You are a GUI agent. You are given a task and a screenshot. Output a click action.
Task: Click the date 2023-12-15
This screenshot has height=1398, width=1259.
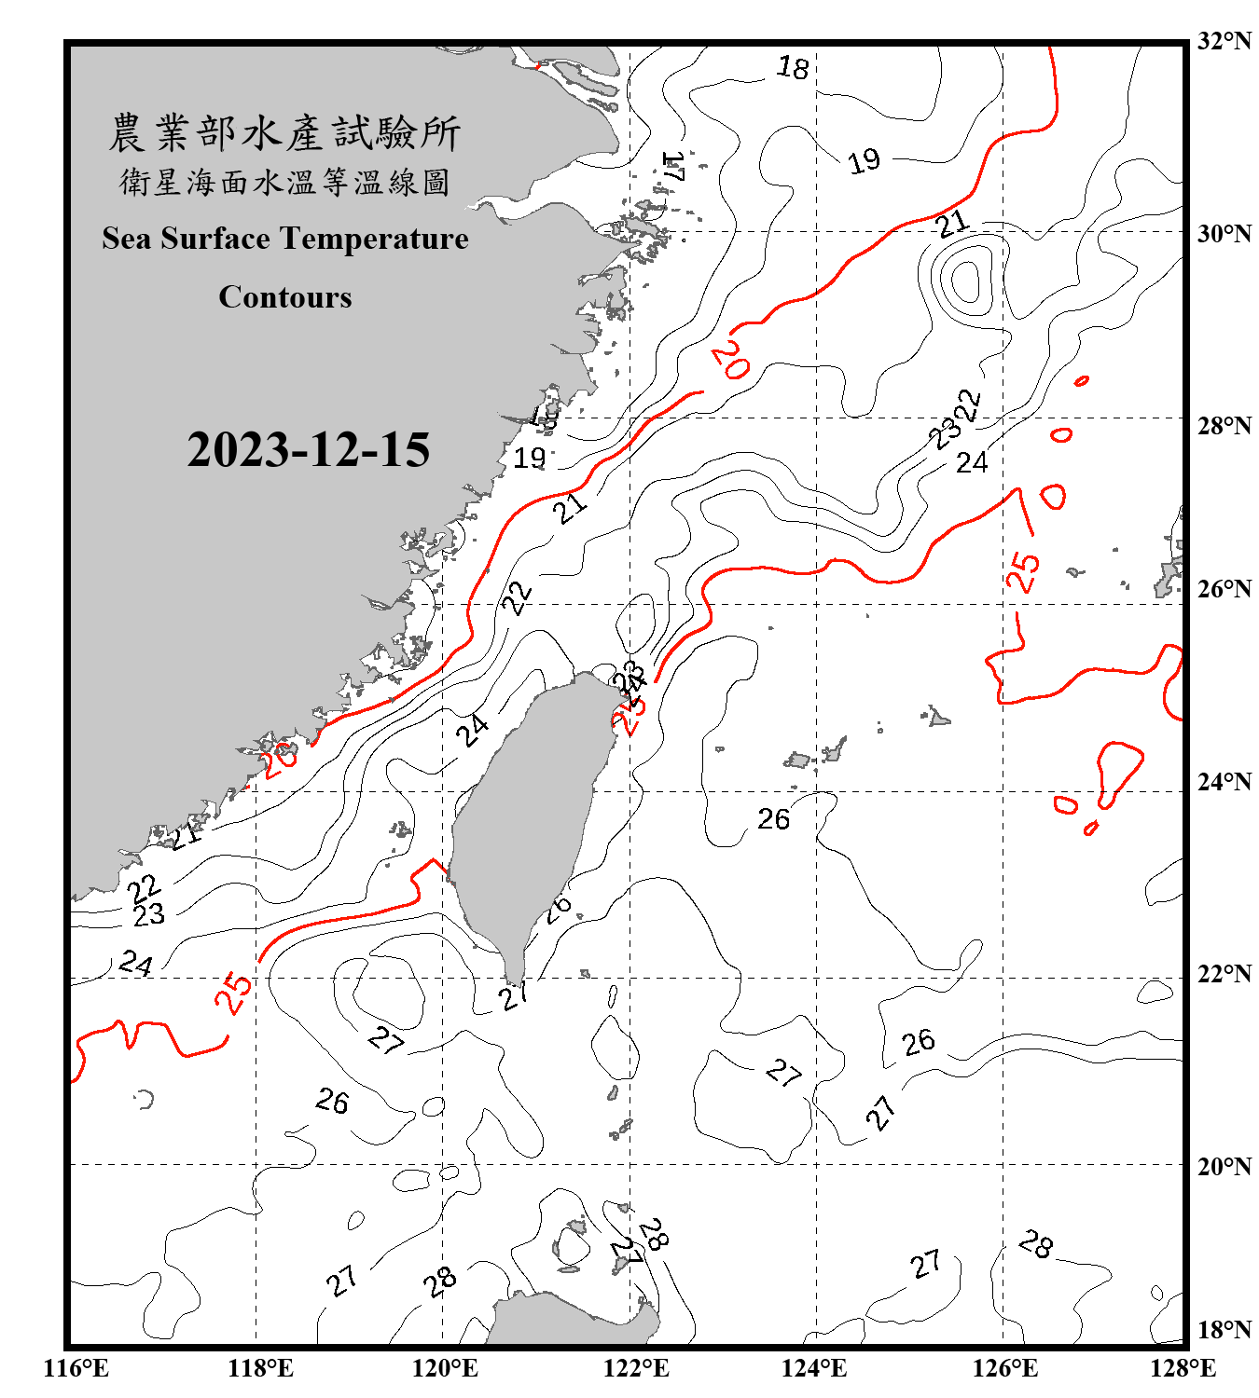[x=308, y=449]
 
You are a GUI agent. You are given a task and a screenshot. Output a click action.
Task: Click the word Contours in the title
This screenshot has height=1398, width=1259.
[x=285, y=297]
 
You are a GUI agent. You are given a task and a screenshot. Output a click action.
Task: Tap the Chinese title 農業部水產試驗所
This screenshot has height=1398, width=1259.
[x=284, y=132]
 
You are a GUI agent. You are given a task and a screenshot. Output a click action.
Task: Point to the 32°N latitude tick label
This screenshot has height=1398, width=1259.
[x=1224, y=41]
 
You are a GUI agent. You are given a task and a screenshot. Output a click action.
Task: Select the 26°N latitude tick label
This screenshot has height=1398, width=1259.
[x=1224, y=589]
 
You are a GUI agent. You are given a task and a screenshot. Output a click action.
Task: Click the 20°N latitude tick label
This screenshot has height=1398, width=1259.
[x=1224, y=1166]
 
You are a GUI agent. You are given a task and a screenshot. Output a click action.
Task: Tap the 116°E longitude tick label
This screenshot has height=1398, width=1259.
[x=76, y=1368]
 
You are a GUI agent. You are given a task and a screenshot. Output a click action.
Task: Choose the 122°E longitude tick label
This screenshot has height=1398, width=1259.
[x=636, y=1368]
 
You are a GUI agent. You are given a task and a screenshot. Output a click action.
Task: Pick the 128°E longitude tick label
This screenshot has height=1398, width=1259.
[x=1183, y=1368]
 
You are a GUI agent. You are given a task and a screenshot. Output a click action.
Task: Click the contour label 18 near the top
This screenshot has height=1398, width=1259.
[x=793, y=67]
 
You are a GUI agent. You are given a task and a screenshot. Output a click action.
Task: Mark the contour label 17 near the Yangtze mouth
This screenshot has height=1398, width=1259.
[x=673, y=167]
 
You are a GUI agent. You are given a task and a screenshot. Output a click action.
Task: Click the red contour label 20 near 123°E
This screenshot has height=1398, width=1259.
[x=729, y=360]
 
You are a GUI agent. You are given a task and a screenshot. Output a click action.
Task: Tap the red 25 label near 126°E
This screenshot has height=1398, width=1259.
[x=1023, y=571]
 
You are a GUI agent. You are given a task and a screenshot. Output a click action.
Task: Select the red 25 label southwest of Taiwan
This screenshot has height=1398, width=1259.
[x=234, y=992]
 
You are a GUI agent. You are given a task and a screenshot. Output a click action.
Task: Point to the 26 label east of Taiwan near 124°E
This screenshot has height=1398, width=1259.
[x=773, y=819]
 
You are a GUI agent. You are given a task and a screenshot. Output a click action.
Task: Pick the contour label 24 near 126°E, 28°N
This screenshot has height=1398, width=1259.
[x=972, y=462]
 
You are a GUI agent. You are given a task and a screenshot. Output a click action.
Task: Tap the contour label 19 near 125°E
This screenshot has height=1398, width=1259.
[x=864, y=161]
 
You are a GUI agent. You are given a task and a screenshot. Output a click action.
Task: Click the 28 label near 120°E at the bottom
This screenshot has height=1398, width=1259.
[x=439, y=1281]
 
